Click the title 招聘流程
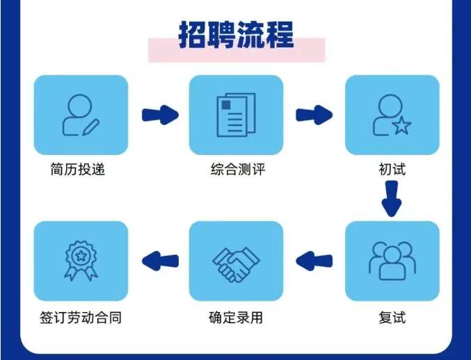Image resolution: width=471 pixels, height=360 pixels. click(236, 35)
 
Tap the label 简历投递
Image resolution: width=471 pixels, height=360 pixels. click(78, 169)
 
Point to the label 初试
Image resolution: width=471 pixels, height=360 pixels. click(392, 169)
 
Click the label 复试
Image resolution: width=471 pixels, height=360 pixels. click(392, 318)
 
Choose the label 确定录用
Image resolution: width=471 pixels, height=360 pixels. click(236, 318)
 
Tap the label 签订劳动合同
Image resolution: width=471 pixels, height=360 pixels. click(81, 318)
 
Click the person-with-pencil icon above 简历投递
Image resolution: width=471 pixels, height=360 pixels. click(80, 115)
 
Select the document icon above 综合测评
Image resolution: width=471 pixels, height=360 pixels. click(236, 115)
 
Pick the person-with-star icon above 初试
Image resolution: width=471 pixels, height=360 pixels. click(392, 115)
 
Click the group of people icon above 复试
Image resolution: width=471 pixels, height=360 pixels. click(392, 261)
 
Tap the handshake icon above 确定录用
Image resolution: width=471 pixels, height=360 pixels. click(236, 261)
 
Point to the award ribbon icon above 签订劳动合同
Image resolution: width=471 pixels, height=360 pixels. click(81, 261)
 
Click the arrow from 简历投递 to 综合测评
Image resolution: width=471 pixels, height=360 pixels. click(159, 115)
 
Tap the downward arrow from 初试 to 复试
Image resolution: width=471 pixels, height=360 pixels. click(392, 198)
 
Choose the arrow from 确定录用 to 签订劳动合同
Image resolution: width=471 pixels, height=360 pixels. click(159, 261)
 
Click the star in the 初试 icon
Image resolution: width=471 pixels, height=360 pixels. click(402, 126)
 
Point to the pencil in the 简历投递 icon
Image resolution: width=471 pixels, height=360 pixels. click(91, 126)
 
